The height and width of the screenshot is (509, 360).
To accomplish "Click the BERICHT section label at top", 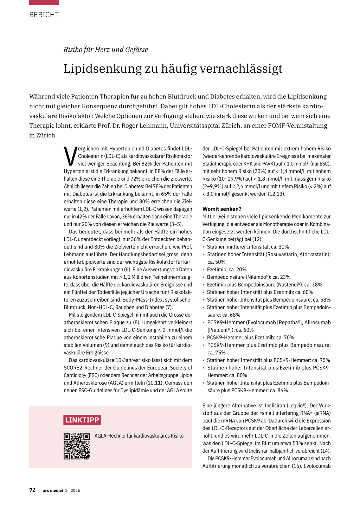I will (44, 15).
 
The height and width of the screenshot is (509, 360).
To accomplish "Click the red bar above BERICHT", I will (44, 2).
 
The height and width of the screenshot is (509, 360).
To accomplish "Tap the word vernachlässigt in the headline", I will (241, 69).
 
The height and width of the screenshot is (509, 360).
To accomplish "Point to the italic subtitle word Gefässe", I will (136, 50).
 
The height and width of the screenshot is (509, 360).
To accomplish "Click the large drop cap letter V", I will (70, 156).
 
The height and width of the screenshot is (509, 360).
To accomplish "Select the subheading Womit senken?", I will (222, 209).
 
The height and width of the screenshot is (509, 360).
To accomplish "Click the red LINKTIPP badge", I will (82, 420).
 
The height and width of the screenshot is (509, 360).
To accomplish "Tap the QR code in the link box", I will (77, 446).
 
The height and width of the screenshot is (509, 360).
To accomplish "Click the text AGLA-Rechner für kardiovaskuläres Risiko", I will (139, 436).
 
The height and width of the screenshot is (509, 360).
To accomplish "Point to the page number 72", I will (32, 490).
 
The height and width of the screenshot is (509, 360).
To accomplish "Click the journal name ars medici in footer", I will (53, 490).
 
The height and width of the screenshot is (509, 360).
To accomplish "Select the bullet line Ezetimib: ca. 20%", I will (227, 270).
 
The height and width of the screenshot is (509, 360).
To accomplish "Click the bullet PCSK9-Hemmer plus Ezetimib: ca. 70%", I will (250, 337).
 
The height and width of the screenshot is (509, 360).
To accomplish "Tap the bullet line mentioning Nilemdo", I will (249, 277).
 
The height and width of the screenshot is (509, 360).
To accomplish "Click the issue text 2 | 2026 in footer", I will (73, 490).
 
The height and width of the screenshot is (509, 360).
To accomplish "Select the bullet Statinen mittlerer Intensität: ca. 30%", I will (248, 247).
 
